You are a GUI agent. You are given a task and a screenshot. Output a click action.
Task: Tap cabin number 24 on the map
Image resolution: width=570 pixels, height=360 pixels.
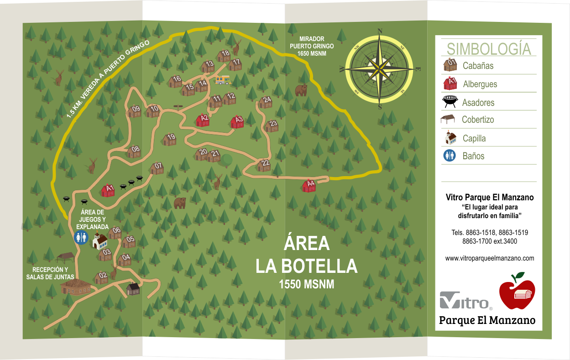pos(266,102)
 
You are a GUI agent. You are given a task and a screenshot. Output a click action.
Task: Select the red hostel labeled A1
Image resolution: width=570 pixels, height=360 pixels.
pos(109,190)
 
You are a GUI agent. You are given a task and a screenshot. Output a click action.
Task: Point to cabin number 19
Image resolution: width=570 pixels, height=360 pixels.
pos(170,139)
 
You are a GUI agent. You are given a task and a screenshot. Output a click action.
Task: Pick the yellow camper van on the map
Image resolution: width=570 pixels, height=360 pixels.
pos(222,81)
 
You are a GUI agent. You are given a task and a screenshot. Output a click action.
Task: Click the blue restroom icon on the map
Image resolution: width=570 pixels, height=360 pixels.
pos(81,237)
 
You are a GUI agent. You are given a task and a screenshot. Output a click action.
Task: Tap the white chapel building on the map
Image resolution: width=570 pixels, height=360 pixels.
pos(100,240)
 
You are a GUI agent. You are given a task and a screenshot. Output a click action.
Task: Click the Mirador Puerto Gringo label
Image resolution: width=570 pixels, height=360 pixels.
pos(312,46)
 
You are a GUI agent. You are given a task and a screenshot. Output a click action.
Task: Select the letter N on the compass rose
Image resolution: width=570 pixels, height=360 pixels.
pos(380,31)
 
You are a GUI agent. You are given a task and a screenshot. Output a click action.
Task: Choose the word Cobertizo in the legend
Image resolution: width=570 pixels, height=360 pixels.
pos(478,120)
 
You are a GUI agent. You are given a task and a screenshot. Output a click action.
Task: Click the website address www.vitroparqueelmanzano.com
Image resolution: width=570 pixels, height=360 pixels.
pos(489,258)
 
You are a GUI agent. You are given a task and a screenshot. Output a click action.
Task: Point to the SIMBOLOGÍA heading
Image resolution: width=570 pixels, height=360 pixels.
pos(489,48)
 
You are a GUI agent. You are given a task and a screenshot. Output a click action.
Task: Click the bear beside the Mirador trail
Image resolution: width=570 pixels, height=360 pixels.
pos(301,90)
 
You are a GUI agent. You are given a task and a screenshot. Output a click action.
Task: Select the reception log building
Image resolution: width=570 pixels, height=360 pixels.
pos(75,287)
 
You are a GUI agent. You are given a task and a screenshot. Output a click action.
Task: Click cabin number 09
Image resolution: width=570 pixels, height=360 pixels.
pos(134,111)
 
